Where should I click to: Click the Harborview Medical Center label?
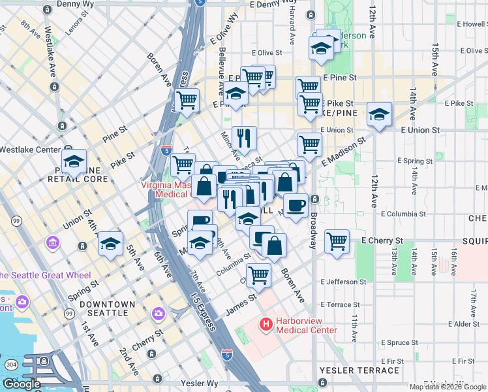(307, 325)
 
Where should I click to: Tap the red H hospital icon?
(266, 323)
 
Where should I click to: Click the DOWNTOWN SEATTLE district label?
(107, 308)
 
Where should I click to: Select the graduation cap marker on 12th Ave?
(379, 114)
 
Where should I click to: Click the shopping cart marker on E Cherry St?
(337, 241)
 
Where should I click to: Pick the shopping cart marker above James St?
(259, 276)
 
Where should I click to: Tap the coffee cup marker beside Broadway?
(296, 204)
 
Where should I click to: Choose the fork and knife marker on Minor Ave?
(244, 138)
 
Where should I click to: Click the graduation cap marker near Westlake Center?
(74, 161)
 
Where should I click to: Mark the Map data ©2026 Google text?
(448, 387)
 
